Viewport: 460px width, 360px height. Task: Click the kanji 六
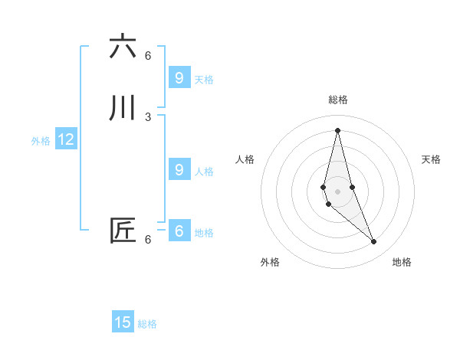pos(123,47)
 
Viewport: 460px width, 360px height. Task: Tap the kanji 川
pos(123,108)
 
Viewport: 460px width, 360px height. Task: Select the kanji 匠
pos(123,231)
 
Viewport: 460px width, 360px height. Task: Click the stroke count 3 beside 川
pos(148,116)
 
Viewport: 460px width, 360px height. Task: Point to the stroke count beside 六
pos(148,55)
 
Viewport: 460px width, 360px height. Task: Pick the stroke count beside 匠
pos(148,239)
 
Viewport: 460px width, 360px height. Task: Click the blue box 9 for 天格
pos(179,78)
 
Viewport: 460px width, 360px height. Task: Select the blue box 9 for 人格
pos(179,170)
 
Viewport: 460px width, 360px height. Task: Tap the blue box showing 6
pos(179,231)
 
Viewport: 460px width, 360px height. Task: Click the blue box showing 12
pos(66,139)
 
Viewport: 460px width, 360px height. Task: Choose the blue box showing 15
pos(123,322)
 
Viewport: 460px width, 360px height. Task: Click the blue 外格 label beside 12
pos(41,141)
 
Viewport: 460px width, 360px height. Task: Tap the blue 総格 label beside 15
pos(147,324)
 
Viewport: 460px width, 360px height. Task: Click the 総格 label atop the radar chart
pos(338,100)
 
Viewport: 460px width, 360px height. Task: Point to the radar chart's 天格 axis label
pos(431,159)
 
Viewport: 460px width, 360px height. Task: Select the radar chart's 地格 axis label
pos(402,262)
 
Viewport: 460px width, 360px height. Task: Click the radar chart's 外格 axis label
pos(270,262)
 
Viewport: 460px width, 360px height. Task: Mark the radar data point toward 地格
pos(374,242)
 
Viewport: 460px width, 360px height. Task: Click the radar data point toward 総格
pos(337,130)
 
